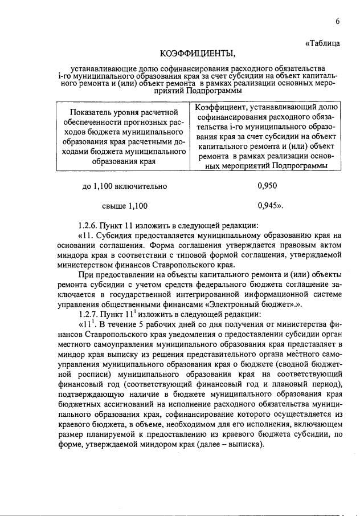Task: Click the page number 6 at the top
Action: tap(337, 21)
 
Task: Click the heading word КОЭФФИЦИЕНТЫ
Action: tap(198, 54)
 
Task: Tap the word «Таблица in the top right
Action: tap(323, 43)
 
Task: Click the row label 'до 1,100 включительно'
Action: tap(125, 185)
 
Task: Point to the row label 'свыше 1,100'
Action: tap(125, 205)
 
